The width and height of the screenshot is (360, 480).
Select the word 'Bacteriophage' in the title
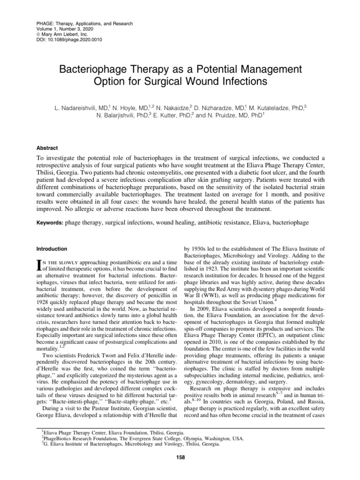click(93, 70)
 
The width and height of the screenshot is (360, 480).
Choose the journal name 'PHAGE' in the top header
click(45, 23)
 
